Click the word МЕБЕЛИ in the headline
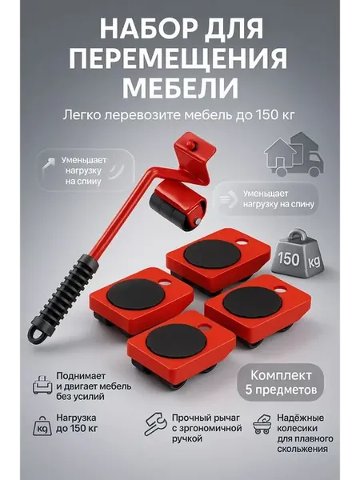tap(180, 86)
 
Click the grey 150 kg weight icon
tap(297, 252)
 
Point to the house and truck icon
tap(294, 154)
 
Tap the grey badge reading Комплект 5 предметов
tap(281, 382)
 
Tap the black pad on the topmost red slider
tap(213, 254)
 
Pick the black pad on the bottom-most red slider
tap(176, 341)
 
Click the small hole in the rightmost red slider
tap(281, 288)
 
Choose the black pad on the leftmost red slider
tap(136, 294)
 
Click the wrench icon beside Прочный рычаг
tap(155, 424)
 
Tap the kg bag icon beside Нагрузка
tap(42, 426)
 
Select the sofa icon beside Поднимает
tap(42, 385)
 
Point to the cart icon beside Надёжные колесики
tap(262, 424)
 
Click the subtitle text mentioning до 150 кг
tap(178, 115)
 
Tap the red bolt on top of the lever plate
tap(192, 144)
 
